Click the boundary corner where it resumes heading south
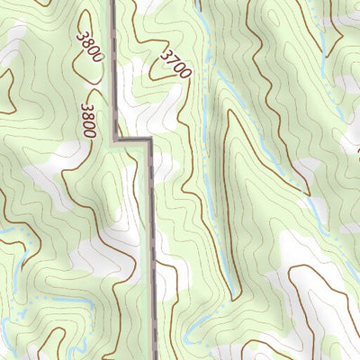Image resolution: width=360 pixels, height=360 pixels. pyautogui.click(x=149, y=139)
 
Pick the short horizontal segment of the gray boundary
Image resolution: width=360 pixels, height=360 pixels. pyautogui.click(x=134, y=139)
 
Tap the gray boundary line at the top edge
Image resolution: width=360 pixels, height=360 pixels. pyautogui.click(x=112, y=3)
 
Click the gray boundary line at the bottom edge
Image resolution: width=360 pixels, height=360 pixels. pyautogui.click(x=155, y=356)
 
